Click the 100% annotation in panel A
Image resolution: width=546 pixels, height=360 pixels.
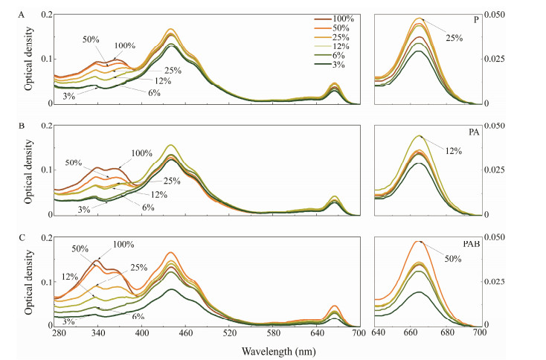pyautogui.click(x=124, y=45)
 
